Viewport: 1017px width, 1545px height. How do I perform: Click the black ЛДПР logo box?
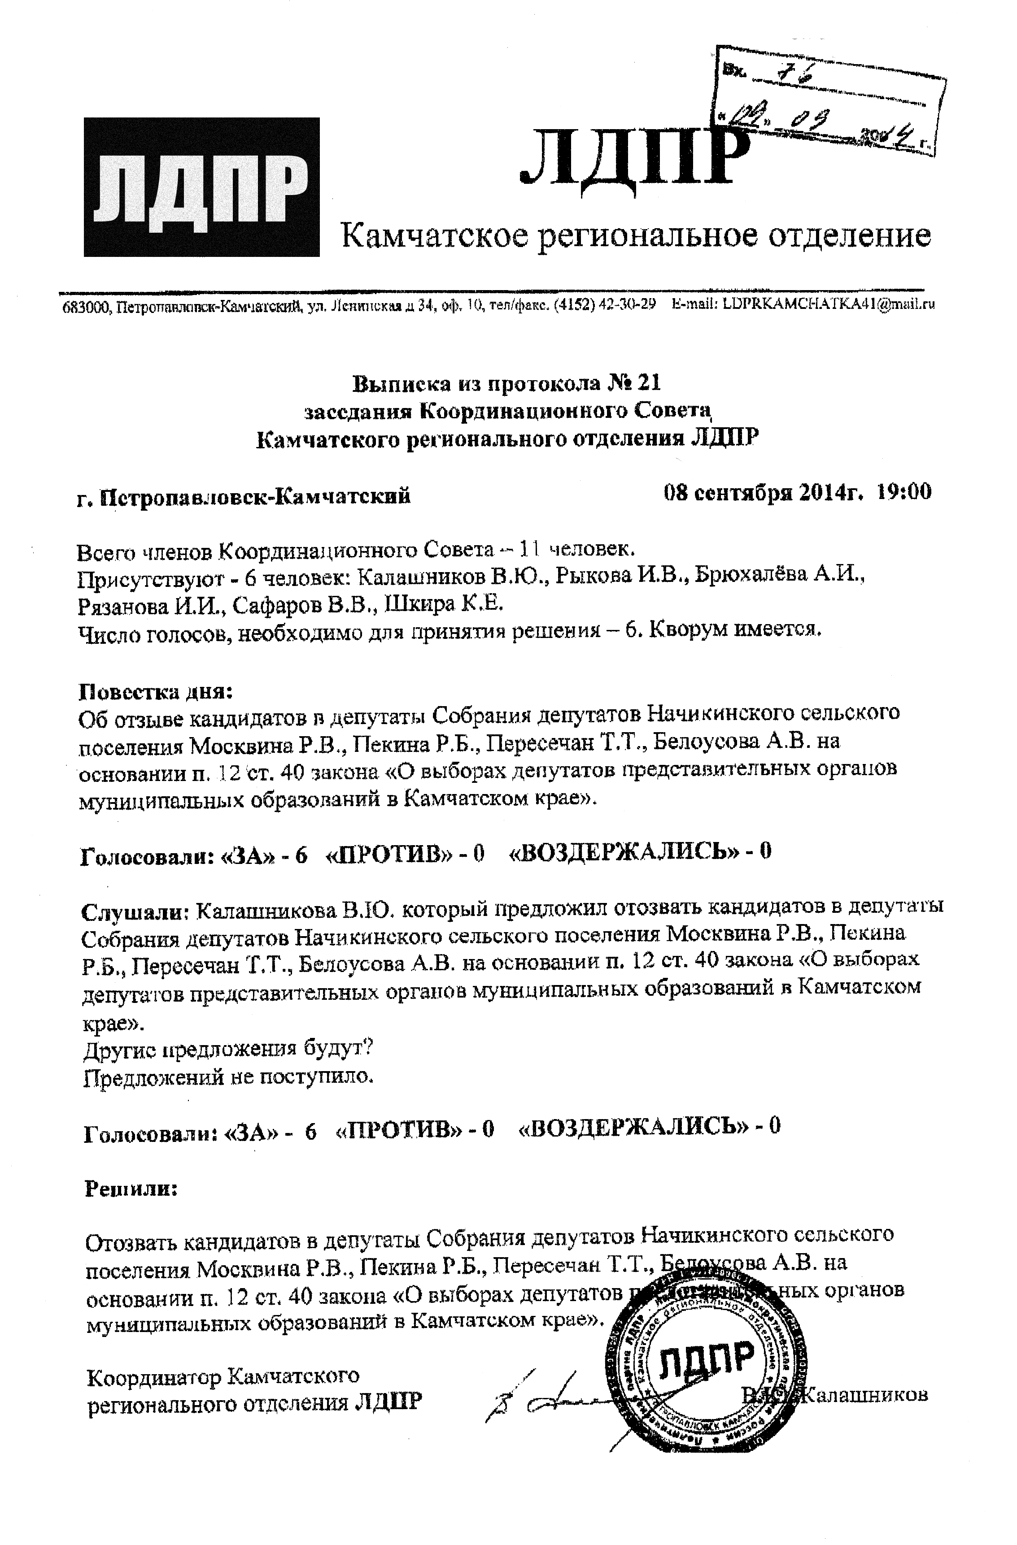click(201, 187)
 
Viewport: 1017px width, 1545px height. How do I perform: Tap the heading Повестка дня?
click(155, 691)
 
